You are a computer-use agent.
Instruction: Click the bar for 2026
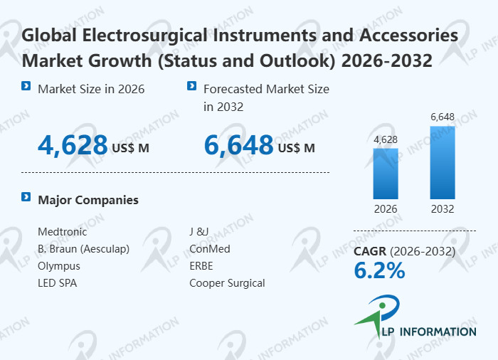386,173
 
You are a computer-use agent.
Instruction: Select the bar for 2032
442,162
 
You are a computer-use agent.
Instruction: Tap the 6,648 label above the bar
442,116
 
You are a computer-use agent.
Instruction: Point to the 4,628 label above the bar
386,139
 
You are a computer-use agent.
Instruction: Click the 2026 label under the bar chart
386,209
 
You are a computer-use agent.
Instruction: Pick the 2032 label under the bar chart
442,209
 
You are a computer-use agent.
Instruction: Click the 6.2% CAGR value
379,270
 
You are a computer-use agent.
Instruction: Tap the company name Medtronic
63,232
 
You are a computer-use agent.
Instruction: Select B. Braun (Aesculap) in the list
84,249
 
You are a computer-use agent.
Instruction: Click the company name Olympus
59,266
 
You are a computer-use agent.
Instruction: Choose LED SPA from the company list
58,283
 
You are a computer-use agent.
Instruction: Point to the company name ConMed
210,249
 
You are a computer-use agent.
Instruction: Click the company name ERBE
201,266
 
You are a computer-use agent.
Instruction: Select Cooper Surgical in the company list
227,283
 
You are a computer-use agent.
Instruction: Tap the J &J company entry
198,232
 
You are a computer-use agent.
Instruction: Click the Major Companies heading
88,200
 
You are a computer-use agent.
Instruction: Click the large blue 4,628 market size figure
73,146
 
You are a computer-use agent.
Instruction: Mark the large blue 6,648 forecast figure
238,146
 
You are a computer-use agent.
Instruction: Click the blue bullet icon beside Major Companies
26,197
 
